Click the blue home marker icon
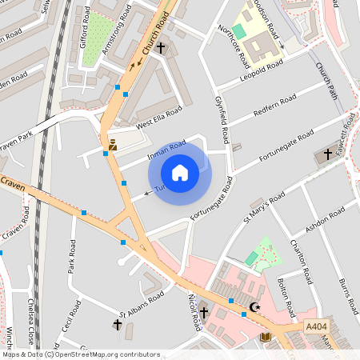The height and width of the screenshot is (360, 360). point(180,172)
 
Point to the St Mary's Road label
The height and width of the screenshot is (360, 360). point(265,207)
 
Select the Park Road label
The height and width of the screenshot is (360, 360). point(72,255)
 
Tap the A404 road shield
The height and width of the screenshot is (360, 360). point(316,326)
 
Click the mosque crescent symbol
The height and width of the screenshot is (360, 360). point(255,307)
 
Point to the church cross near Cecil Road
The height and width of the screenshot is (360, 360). point(118,325)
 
